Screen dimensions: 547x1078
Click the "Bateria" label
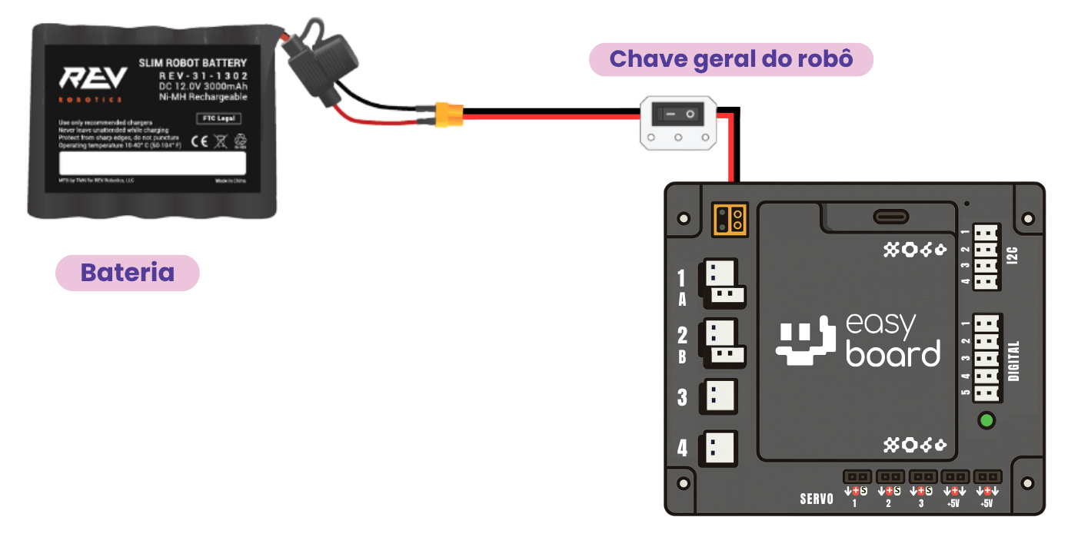127,273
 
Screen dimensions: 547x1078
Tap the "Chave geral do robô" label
730,59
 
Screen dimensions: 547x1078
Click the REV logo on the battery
94,79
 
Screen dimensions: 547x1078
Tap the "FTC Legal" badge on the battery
218,118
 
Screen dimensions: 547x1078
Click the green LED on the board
987,420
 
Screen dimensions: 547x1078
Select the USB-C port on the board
890,217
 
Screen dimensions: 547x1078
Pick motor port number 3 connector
718,396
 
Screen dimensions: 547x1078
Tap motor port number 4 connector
718,447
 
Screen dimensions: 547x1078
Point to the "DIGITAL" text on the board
1013,361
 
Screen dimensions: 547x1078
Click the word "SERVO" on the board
817,499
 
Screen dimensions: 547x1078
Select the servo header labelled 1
857,477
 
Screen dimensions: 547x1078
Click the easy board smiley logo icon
805,342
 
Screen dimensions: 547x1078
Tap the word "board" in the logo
893,353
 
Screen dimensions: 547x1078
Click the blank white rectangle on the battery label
152,163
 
